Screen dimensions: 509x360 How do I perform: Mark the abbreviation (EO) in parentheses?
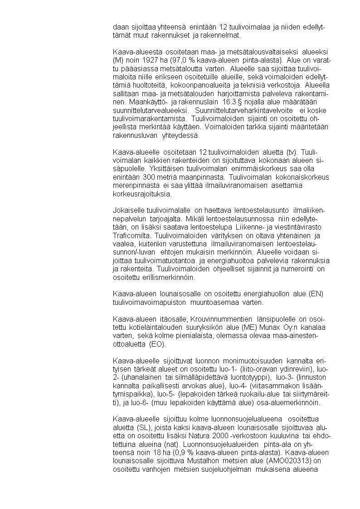157,344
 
